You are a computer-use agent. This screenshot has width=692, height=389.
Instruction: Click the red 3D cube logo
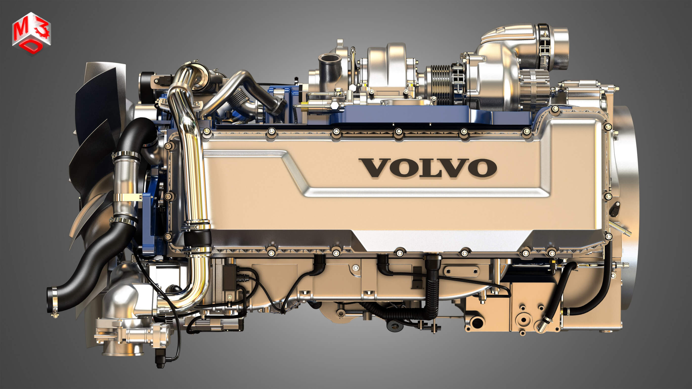(x=31, y=33)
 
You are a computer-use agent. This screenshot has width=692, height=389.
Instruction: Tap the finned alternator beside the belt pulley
(x=533, y=89)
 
